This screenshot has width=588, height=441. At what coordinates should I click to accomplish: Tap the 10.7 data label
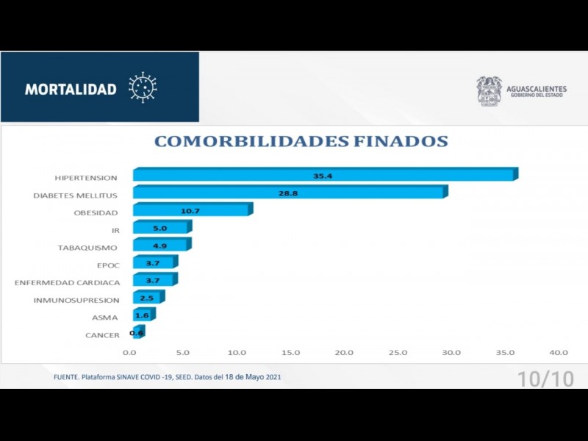(190, 211)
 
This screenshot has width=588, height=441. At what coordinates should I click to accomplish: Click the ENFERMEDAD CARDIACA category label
(67, 282)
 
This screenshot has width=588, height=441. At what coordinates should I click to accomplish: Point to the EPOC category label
(108, 265)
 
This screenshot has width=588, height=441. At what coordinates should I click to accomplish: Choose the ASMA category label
(104, 318)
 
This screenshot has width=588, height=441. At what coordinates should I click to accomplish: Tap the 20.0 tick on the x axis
(345, 352)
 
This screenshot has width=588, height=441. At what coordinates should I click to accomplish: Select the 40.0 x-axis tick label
(559, 352)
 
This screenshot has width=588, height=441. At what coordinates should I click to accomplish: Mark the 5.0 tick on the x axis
(183, 352)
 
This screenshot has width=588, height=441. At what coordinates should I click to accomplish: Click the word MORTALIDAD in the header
(71, 89)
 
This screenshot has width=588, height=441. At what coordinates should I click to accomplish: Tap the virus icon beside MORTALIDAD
(143, 87)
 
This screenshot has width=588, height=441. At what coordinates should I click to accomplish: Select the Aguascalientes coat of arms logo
(489, 91)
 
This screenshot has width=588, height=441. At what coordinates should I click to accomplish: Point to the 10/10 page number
(545, 379)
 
